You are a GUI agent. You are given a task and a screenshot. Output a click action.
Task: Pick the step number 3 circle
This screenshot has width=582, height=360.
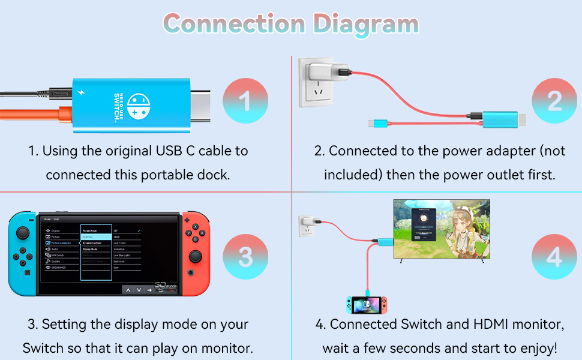point(245,257)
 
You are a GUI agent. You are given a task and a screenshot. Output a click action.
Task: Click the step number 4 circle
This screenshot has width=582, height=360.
point(554,257)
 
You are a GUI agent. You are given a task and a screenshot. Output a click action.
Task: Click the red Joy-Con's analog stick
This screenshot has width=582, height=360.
point(196,257)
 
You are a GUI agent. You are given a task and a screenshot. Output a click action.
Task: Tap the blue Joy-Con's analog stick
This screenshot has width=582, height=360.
point(23,233)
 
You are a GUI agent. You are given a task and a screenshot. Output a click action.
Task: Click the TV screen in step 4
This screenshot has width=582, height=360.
point(441,229)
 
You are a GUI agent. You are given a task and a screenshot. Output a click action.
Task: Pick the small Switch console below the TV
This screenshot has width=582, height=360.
point(366,305)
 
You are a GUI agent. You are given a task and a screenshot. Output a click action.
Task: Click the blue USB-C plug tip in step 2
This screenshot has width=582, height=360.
point(373,124)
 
